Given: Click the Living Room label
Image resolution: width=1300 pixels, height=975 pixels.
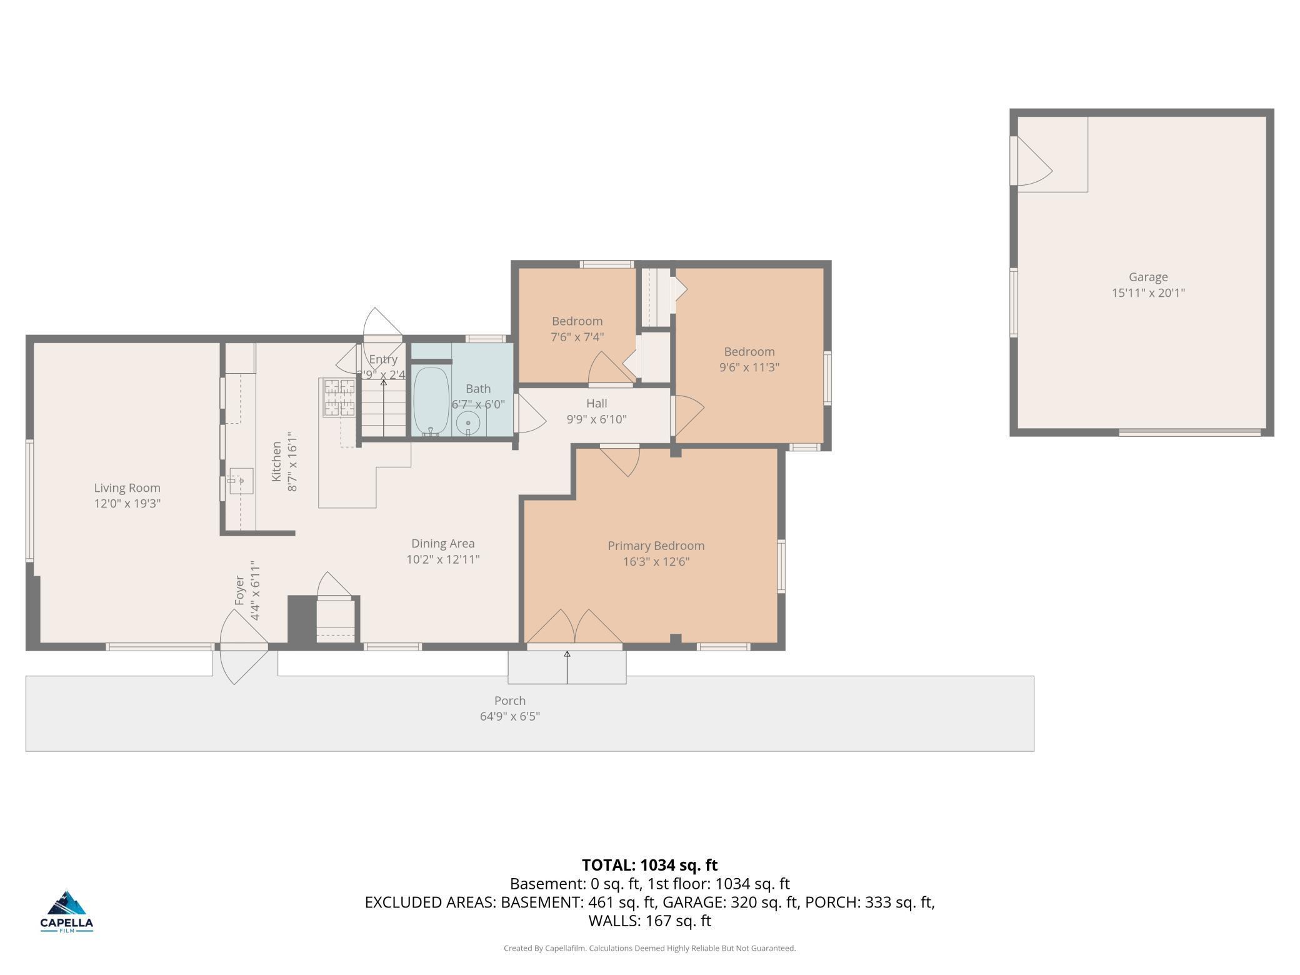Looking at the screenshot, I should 127,488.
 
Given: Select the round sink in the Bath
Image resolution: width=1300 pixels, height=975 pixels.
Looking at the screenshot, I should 467,423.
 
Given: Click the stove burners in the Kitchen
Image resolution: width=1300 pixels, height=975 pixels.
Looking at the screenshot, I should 339,397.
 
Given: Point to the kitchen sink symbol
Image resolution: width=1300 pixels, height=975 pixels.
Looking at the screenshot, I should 239,481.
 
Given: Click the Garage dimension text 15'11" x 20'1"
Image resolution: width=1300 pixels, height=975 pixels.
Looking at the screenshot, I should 1147,292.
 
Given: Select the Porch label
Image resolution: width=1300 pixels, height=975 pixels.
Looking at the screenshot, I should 509,701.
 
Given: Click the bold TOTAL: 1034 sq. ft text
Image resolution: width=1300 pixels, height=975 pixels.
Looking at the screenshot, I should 649,865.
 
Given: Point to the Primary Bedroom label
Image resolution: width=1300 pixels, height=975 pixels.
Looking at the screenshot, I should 656,546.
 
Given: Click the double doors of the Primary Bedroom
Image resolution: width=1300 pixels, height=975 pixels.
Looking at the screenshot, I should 574,627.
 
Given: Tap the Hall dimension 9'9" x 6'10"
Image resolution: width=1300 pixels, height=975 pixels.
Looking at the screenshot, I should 596,419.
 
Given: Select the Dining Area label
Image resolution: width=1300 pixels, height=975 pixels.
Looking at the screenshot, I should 442,544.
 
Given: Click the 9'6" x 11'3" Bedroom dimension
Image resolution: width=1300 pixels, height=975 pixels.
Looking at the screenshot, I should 749,367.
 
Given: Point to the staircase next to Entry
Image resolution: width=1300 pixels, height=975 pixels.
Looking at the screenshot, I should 382,409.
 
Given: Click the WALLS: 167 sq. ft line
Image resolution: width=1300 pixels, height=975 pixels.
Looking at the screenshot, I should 649,921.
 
